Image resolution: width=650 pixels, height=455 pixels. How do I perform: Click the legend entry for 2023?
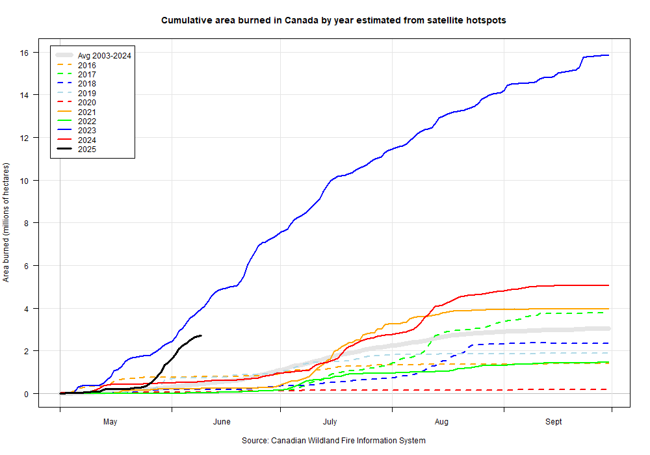pos(86,130)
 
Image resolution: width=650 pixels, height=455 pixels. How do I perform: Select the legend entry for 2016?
pos(86,65)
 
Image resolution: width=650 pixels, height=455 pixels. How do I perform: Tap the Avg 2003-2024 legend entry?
pos(104,56)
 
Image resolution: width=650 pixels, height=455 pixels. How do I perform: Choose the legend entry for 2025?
pos(86,149)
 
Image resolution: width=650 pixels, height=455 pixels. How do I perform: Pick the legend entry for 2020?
pos(86,102)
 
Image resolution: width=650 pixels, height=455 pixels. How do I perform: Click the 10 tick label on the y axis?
pos(25,181)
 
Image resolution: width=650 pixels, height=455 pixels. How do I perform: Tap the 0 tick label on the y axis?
pos(27,394)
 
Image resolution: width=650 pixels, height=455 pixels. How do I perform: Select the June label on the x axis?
pos(222,422)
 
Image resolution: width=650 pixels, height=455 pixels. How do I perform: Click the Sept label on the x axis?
pos(554,422)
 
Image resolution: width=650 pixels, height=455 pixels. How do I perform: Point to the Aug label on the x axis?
pos(441,422)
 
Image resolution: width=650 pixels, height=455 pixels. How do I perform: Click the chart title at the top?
pos(333,20)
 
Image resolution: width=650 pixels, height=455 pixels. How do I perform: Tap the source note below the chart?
pos(333,441)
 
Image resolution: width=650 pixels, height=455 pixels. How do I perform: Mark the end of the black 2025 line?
pos(201,335)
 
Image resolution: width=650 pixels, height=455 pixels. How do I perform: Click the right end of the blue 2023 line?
pos(608,55)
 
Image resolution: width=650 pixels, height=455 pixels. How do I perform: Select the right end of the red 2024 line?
pos(608,285)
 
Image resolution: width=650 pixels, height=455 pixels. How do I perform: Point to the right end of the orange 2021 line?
pos(608,309)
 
